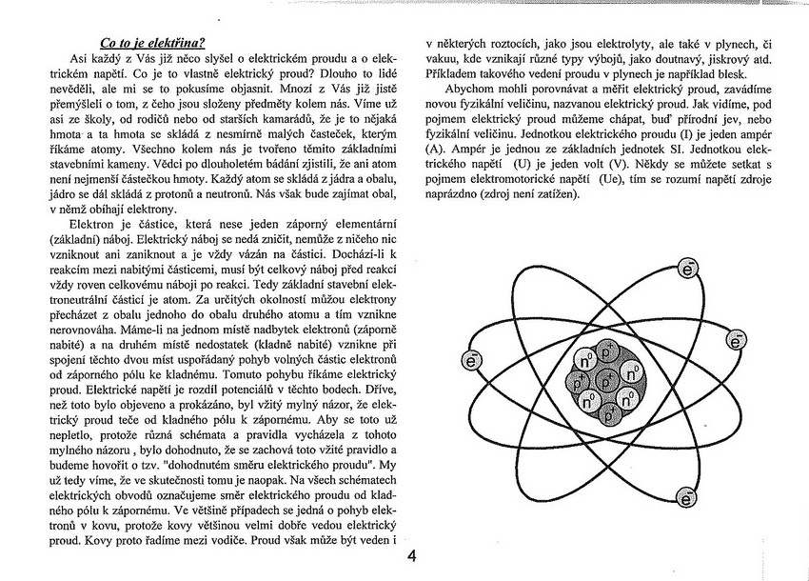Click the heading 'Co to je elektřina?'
click(153, 42)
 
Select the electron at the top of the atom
click(689, 270)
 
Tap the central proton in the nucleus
click(605, 381)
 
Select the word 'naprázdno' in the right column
click(455, 194)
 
